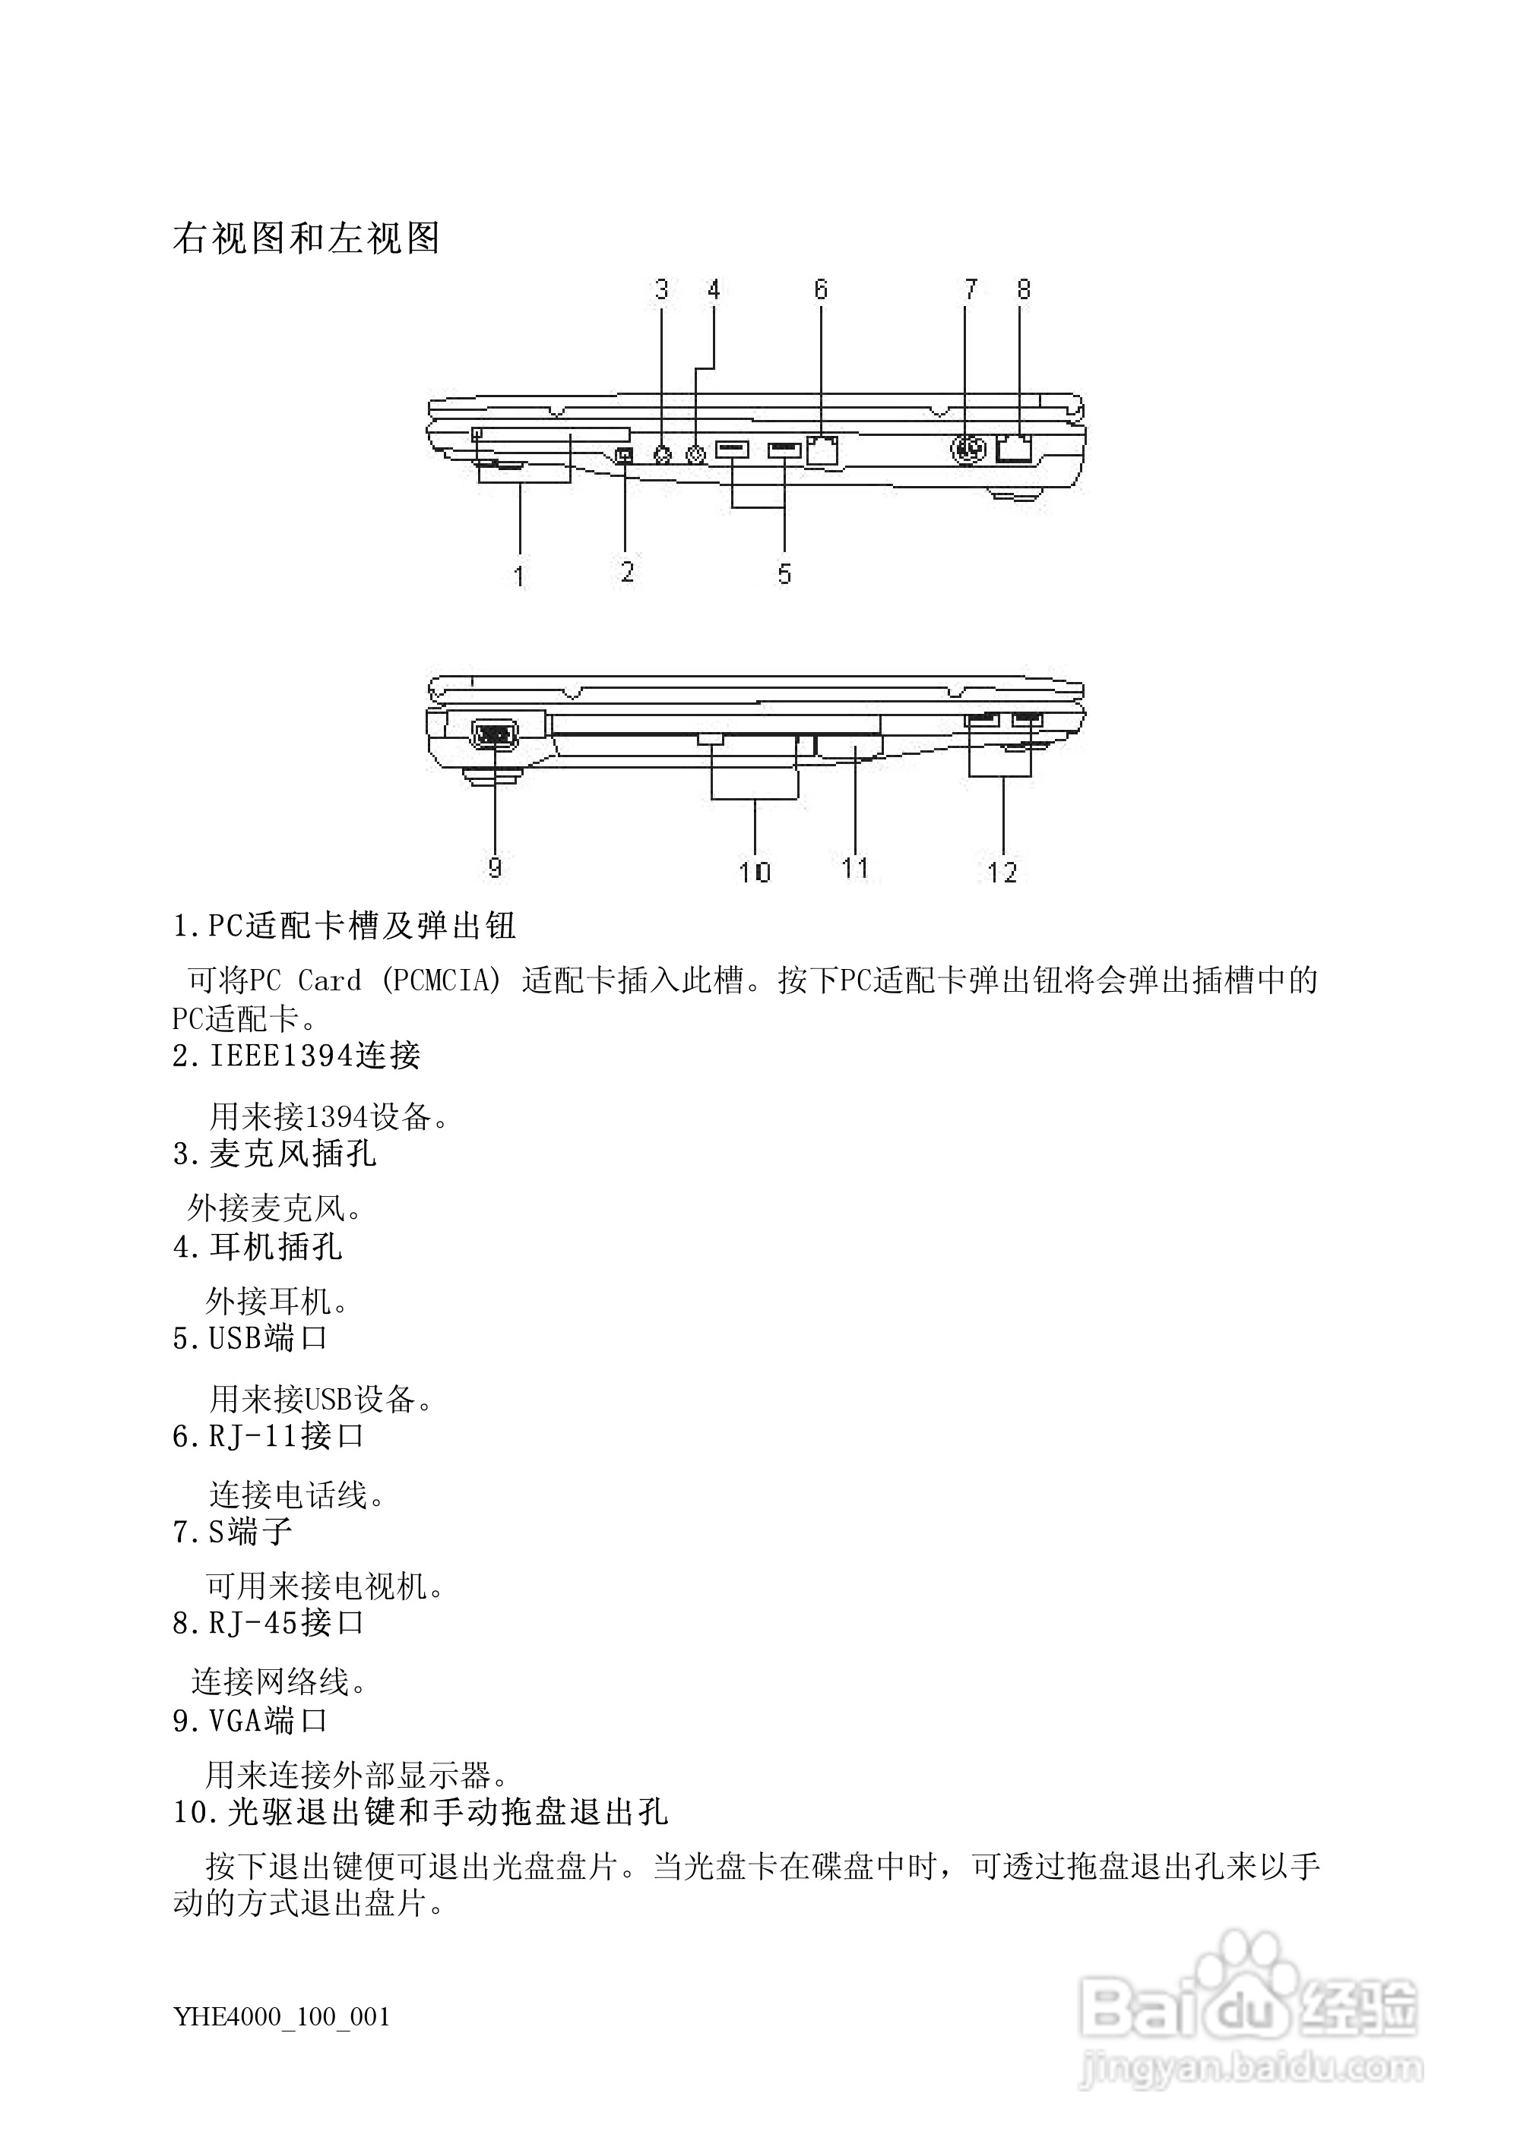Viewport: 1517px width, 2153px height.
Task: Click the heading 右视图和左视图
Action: click(306, 238)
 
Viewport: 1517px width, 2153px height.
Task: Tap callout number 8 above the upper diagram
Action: click(1024, 290)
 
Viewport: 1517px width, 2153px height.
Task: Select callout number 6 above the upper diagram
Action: click(821, 290)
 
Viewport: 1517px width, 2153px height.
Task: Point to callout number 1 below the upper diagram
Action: click(520, 575)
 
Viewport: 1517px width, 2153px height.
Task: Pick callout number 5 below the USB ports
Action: click(784, 573)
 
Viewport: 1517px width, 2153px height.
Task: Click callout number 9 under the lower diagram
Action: click(495, 867)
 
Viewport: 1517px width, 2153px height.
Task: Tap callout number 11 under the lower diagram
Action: click(855, 867)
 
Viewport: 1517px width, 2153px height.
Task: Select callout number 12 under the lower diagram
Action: click(1002, 872)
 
